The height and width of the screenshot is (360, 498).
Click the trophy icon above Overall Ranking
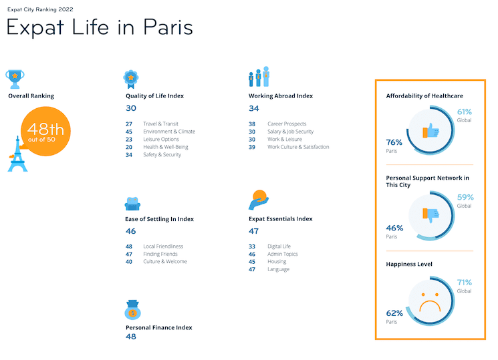tap(15, 77)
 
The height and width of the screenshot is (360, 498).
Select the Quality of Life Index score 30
tap(131, 108)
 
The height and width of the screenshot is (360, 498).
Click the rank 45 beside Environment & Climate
tap(129, 132)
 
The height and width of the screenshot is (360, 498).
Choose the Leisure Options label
tap(161, 140)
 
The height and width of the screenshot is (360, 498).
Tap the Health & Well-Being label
tap(166, 147)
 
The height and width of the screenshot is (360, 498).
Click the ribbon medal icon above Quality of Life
tap(130, 78)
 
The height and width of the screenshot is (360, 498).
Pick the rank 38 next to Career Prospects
tap(252, 124)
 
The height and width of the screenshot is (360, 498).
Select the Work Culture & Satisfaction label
tap(298, 147)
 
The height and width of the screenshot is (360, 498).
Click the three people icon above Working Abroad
tap(259, 77)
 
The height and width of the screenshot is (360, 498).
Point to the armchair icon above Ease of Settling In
tap(132, 203)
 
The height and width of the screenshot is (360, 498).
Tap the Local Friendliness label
tap(163, 246)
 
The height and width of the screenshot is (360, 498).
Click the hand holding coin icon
tap(258, 200)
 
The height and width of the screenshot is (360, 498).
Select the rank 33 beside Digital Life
tap(252, 246)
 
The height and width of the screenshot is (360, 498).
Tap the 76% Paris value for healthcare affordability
tap(394, 142)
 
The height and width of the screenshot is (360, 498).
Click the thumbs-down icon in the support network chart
tap(430, 216)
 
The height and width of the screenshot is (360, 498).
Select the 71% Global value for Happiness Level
tap(464, 283)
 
